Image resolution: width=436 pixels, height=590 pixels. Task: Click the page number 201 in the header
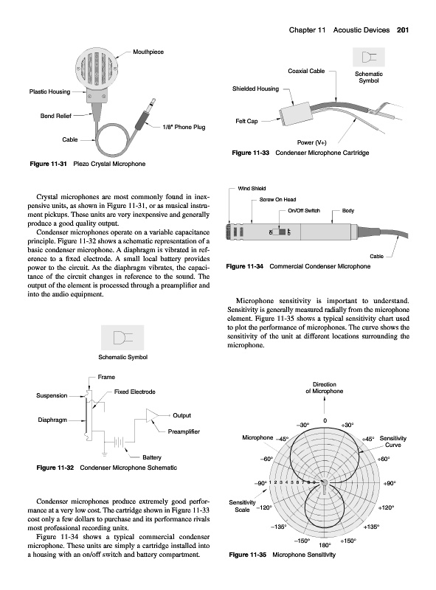tap(403, 30)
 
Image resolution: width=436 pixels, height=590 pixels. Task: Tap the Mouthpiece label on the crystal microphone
tap(148, 52)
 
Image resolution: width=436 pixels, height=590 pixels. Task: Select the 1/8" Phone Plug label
tap(184, 127)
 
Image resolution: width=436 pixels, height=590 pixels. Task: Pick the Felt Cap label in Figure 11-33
tap(246, 121)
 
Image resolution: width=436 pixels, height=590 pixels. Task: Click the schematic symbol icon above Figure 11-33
tap(369, 58)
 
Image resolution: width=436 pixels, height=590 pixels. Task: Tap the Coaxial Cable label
tap(306, 71)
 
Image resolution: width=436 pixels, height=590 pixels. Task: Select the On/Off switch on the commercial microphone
tap(280, 232)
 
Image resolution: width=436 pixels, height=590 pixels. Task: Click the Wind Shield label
tap(252, 189)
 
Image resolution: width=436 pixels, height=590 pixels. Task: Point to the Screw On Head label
tap(277, 199)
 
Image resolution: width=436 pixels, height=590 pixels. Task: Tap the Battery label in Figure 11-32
tap(152, 457)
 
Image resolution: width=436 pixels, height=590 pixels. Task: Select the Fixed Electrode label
tap(135, 392)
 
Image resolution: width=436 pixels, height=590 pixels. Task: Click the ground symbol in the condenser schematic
tap(104, 454)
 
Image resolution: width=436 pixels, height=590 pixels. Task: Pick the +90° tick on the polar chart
tap(390, 483)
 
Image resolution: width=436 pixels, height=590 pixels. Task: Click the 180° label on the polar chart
tap(325, 545)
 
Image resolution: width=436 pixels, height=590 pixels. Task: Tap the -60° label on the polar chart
tap(266, 459)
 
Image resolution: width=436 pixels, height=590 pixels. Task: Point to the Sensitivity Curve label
tap(392, 441)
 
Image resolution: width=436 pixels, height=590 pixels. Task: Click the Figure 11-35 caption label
tap(247, 555)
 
